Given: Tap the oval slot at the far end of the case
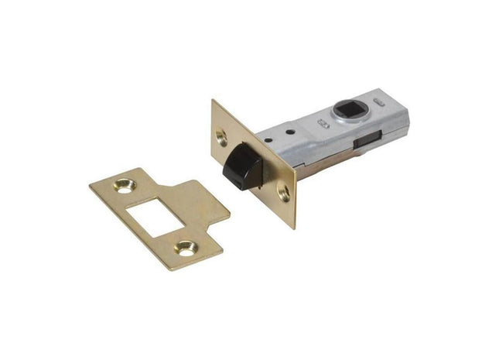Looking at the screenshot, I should click(381, 102).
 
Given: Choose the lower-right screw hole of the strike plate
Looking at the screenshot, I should click(185, 248).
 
